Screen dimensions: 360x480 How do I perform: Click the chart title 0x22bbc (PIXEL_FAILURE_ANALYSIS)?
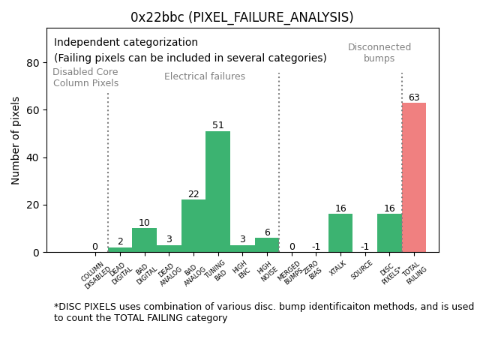click(241, 17)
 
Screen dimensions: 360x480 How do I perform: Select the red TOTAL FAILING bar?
click(414, 178)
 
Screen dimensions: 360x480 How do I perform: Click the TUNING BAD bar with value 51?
click(217, 192)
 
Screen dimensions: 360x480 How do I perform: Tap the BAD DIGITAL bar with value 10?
click(144, 240)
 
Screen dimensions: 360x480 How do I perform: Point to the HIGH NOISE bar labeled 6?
click(267, 245)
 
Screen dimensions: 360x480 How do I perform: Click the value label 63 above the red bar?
click(414, 97)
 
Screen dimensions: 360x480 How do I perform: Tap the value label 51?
click(218, 126)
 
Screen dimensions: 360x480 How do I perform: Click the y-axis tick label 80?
click(33, 63)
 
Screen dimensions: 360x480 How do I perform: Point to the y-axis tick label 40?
click(33, 157)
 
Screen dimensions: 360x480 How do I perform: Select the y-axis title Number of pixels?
click(16, 140)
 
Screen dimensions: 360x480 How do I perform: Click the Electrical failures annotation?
click(205, 76)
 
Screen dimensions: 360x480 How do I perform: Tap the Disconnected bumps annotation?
click(379, 52)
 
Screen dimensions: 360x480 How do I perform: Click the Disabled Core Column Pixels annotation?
click(85, 78)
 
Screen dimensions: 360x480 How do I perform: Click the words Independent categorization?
click(126, 43)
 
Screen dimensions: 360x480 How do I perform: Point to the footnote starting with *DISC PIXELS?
click(263, 312)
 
